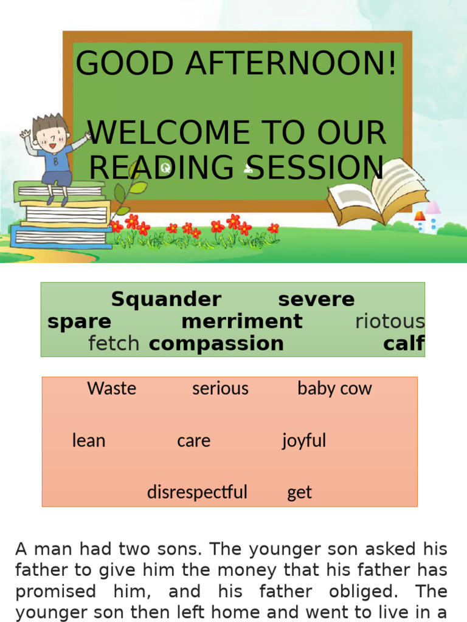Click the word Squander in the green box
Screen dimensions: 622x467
(166, 299)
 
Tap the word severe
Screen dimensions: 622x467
(316, 299)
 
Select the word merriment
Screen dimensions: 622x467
(241, 321)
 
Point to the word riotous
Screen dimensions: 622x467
(390, 321)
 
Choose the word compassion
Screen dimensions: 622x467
(216, 344)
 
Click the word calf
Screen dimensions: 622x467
(404, 344)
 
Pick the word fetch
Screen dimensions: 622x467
(114, 344)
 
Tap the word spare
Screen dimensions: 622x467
(79, 321)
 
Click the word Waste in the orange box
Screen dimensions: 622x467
(112, 389)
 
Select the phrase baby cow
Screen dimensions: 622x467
(334, 389)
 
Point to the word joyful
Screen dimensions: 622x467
(304, 440)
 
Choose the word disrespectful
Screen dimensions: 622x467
(197, 492)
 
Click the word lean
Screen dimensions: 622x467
(89, 440)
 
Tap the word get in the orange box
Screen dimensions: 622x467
(299, 493)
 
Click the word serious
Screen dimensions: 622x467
(220, 389)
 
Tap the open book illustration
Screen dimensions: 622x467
(377, 191)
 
